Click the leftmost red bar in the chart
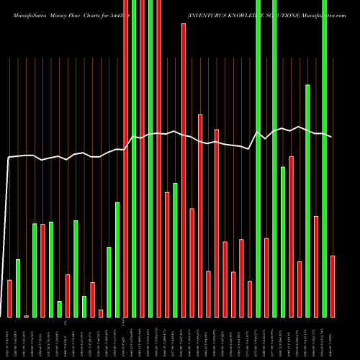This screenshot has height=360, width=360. pyautogui.click(x=9, y=298)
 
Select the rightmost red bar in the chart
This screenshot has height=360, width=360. pyautogui.click(x=332, y=286)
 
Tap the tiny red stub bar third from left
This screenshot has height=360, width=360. pyautogui.click(x=26, y=316)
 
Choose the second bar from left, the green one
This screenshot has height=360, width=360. pyautogui.click(x=18, y=288)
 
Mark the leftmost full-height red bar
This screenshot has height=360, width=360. pyautogui.click(x=125, y=158)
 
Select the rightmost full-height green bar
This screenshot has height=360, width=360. pyautogui.click(x=324, y=158)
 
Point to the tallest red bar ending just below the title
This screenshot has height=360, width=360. pyautogui.click(x=183, y=170)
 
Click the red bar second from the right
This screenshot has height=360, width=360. pyautogui.click(x=315, y=266)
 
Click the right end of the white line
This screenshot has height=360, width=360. pyautogui.click(x=331, y=137)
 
